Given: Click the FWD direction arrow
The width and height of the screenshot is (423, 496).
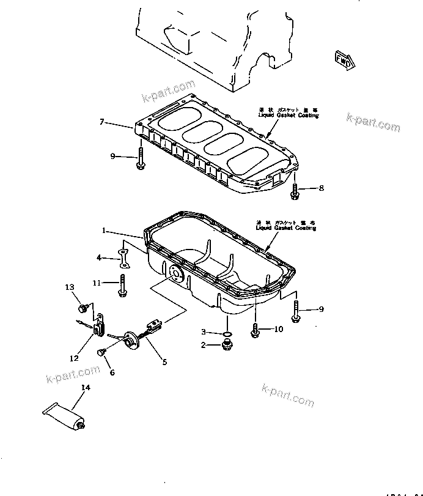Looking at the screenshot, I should [344, 59].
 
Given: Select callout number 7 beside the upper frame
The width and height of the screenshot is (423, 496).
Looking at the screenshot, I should [103, 122].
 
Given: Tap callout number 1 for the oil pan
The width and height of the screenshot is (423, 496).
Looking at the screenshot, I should [104, 231].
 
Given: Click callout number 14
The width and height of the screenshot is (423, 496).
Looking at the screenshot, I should [85, 388].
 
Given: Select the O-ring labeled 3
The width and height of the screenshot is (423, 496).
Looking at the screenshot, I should [227, 334].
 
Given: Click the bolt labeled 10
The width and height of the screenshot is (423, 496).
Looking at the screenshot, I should [255, 329].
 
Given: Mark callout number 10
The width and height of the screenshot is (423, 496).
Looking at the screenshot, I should [278, 329].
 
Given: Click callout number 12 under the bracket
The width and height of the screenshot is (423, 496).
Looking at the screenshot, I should [74, 358].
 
